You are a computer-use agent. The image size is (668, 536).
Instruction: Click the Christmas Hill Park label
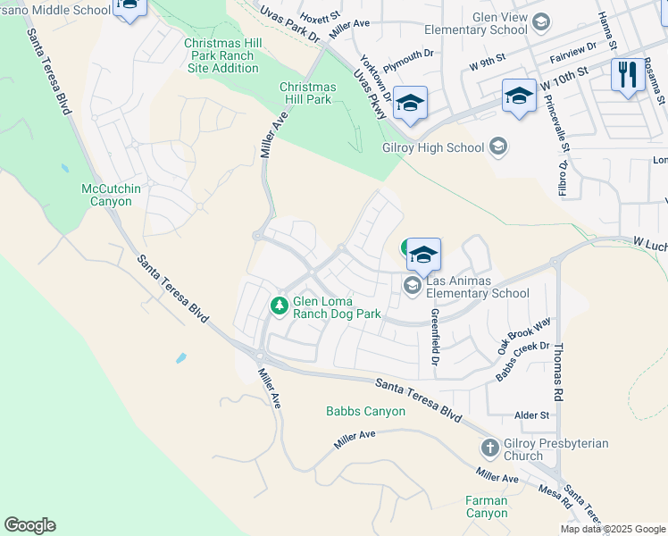(307, 93)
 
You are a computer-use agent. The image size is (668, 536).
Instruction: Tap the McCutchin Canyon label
(106, 195)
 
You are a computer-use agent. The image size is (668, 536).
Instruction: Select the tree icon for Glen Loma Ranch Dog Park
(280, 306)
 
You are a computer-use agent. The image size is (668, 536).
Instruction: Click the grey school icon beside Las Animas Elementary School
(412, 285)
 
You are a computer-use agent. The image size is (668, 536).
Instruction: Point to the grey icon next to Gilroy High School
(498, 147)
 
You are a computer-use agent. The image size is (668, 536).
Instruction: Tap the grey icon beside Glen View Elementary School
(540, 21)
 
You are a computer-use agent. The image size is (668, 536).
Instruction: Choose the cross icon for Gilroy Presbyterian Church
(489, 448)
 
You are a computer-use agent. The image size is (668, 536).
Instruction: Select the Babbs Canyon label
(365, 412)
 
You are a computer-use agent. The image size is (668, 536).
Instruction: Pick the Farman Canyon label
(487, 507)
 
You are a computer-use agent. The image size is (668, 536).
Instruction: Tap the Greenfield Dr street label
(435, 337)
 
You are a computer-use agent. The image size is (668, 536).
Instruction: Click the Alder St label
(531, 415)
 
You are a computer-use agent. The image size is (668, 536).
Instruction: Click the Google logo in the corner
(29, 525)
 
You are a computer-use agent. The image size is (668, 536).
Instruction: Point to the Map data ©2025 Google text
(612, 529)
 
